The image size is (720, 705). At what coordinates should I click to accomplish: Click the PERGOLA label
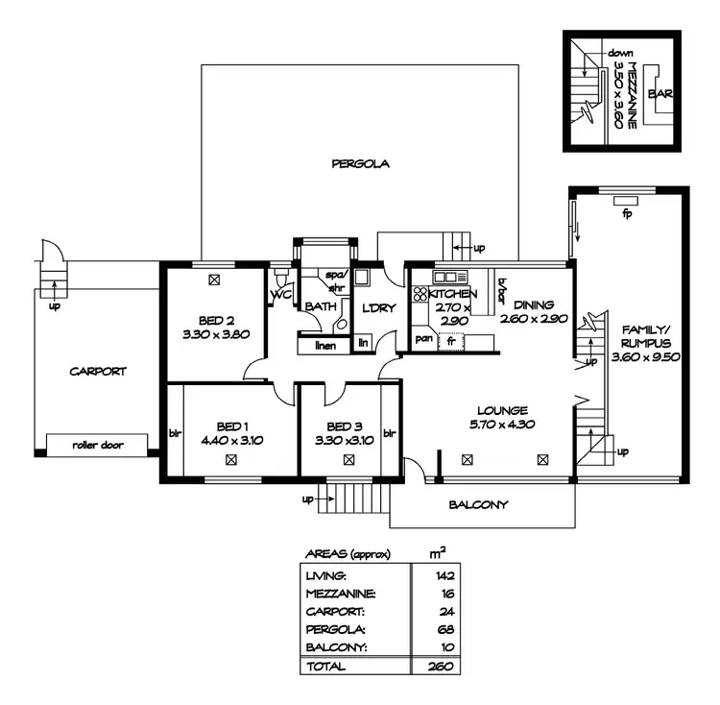pyautogui.click(x=360, y=163)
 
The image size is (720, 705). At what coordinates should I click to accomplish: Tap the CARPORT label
pyautogui.click(x=97, y=371)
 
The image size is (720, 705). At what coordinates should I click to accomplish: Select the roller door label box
pyautogui.click(x=99, y=446)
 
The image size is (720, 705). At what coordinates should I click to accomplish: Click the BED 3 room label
pyautogui.click(x=345, y=426)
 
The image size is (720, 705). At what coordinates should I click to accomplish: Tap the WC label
pyautogui.click(x=280, y=295)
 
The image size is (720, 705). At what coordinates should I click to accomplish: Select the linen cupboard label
pyautogui.click(x=324, y=346)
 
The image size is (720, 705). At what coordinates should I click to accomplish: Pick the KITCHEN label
pyautogui.click(x=452, y=294)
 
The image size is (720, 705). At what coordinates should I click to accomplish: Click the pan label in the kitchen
pyautogui.click(x=422, y=339)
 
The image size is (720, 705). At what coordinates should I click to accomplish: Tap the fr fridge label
pyautogui.click(x=450, y=340)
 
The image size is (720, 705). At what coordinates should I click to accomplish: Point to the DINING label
pyautogui.click(x=534, y=304)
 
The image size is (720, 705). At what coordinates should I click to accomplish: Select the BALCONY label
pyautogui.click(x=478, y=504)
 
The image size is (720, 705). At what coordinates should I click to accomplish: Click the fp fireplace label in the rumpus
pyautogui.click(x=626, y=212)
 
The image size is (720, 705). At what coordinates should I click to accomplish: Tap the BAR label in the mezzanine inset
pyautogui.click(x=660, y=94)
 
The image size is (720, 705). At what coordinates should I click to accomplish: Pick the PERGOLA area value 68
pyautogui.click(x=443, y=629)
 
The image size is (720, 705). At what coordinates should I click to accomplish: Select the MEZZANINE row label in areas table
pyautogui.click(x=340, y=594)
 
